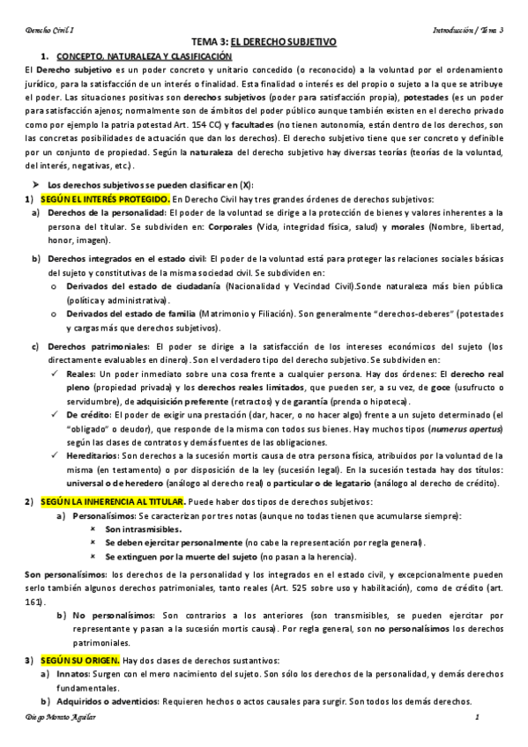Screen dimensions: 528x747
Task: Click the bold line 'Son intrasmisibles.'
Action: click(143, 529)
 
